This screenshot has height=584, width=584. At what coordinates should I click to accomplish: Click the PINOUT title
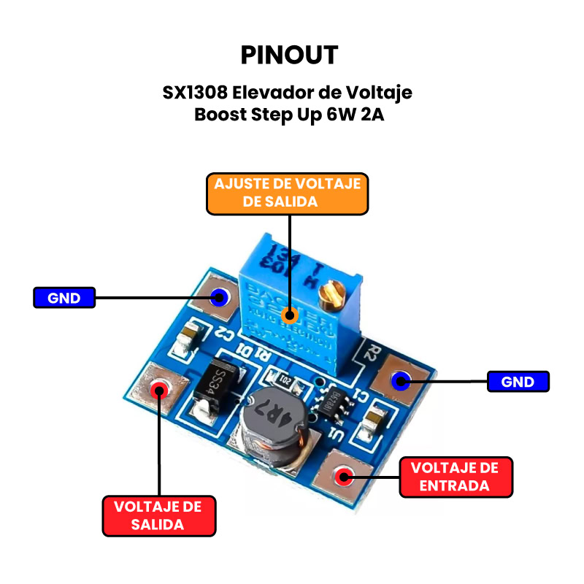click(x=289, y=55)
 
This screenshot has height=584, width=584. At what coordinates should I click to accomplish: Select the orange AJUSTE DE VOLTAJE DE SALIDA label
click(x=288, y=193)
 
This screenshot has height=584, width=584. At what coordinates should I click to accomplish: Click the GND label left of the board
click(x=64, y=298)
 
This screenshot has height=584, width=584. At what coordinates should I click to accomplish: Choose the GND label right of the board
click(x=518, y=382)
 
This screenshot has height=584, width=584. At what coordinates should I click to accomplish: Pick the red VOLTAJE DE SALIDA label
click(x=158, y=515)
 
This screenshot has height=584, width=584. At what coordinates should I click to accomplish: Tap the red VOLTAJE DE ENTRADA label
click(x=455, y=477)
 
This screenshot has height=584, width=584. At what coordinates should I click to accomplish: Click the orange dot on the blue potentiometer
click(x=290, y=315)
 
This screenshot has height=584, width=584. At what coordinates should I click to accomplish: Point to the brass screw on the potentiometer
click(x=334, y=295)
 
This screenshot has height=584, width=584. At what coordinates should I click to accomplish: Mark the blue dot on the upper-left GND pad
click(x=218, y=297)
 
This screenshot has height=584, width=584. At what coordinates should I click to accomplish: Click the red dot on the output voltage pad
click(x=158, y=389)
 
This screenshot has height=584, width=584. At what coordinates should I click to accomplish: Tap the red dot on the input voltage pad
click(x=342, y=478)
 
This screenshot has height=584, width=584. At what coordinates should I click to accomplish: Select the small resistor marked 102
click(x=285, y=380)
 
